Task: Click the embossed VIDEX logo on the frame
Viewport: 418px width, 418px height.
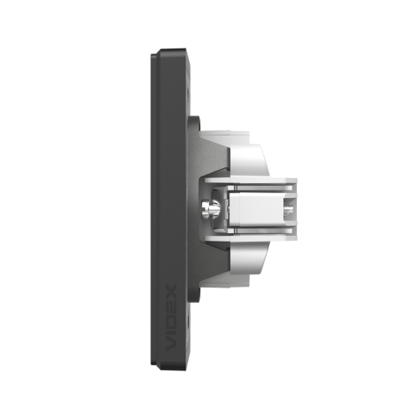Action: [171, 318]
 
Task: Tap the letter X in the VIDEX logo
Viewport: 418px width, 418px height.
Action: [171, 291]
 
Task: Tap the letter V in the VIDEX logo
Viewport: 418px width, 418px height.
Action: [171, 344]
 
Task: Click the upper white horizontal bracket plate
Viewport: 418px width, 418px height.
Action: [251, 181]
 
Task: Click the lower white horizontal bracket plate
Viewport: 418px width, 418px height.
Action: [251, 238]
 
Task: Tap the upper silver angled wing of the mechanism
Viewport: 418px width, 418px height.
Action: [249, 161]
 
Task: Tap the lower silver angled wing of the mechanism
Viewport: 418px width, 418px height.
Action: [248, 257]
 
